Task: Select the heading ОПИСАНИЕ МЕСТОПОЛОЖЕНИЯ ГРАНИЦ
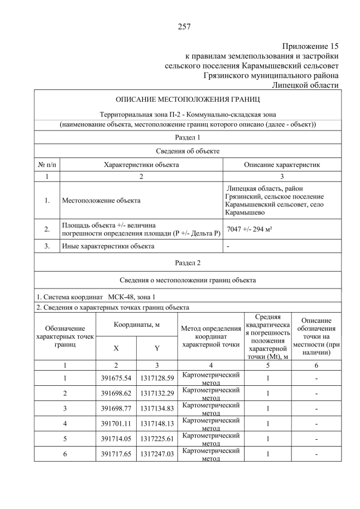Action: coord(187,100)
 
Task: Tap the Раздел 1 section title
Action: coord(187,137)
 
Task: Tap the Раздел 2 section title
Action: coord(187,263)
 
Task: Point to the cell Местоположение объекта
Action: coord(101,200)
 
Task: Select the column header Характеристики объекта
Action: coord(141,165)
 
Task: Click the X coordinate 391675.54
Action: coord(116,378)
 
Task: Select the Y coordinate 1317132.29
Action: coord(157,393)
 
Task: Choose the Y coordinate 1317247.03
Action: coord(157,454)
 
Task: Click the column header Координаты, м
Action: coord(137,325)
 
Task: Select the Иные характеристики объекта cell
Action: coord(107,246)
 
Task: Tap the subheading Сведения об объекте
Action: coord(187,151)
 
